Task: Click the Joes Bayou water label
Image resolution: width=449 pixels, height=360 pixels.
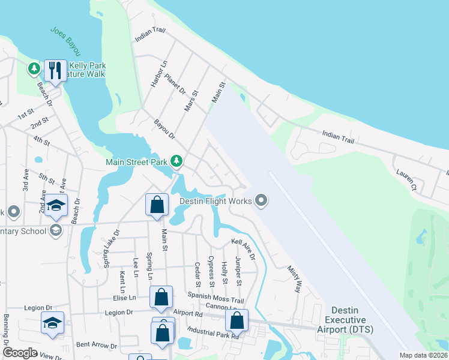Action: pos(65,41)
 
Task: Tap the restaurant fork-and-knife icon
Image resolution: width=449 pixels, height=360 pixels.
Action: pos(55,70)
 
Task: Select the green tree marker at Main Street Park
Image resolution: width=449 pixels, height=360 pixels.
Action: pos(176,161)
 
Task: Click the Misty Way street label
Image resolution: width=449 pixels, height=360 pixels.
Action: pos(294,279)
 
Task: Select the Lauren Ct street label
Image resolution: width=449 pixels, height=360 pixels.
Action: pos(406,178)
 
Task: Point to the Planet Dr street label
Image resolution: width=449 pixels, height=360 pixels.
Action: pos(175,85)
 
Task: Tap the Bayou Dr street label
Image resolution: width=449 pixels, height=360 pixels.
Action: pos(164,129)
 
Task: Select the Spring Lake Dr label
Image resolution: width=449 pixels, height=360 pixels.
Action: pos(111,247)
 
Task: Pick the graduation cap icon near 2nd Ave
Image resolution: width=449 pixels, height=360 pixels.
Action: pos(56,206)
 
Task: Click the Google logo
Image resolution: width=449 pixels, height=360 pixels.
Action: pos(20,353)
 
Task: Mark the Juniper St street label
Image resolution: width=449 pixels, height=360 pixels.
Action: pos(238,271)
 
